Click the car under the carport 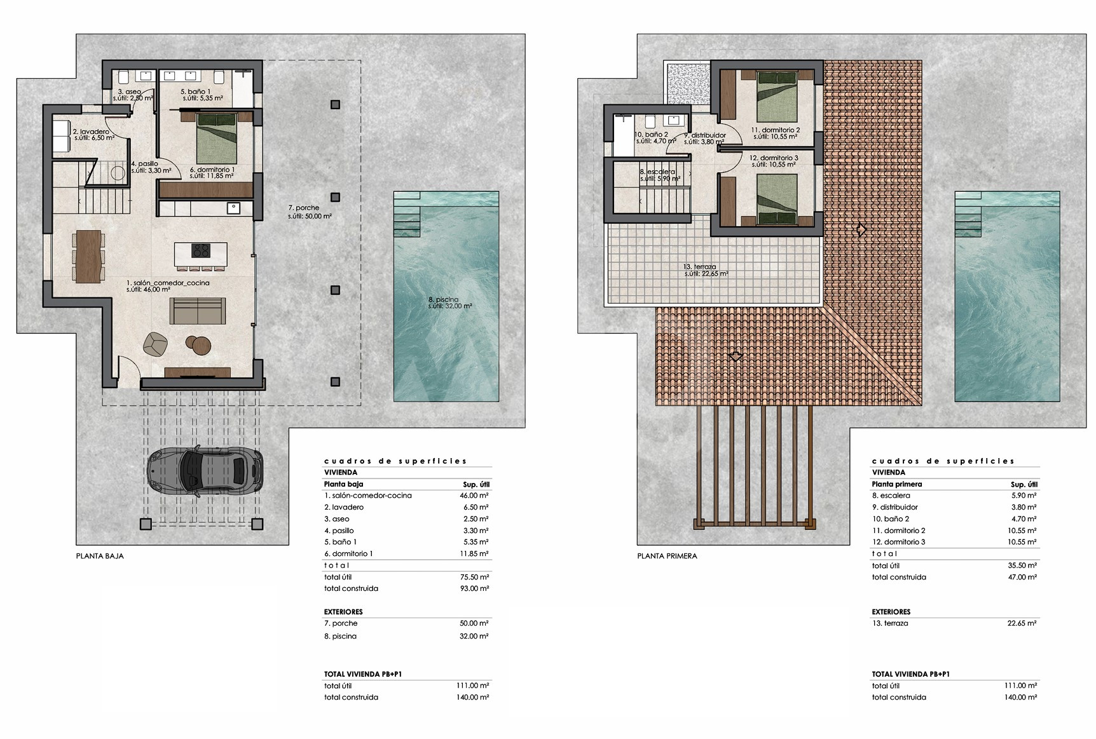tap(205, 471)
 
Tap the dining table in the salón tap(88, 256)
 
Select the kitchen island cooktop tap(201, 251)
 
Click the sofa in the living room tap(198, 311)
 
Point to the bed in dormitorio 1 tap(217, 139)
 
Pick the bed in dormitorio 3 tap(777, 200)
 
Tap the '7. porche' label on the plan tap(304, 208)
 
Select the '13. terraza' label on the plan tap(700, 267)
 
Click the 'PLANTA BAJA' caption tap(100, 556)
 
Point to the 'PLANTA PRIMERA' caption tap(668, 556)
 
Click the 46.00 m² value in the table tap(474, 496)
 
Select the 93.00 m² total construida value tap(474, 588)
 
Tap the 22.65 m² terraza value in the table tap(1022, 623)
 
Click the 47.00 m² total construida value tap(1022, 577)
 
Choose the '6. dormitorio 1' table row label tap(348, 553)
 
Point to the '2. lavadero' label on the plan tap(91, 132)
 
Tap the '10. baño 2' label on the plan tap(652, 135)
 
